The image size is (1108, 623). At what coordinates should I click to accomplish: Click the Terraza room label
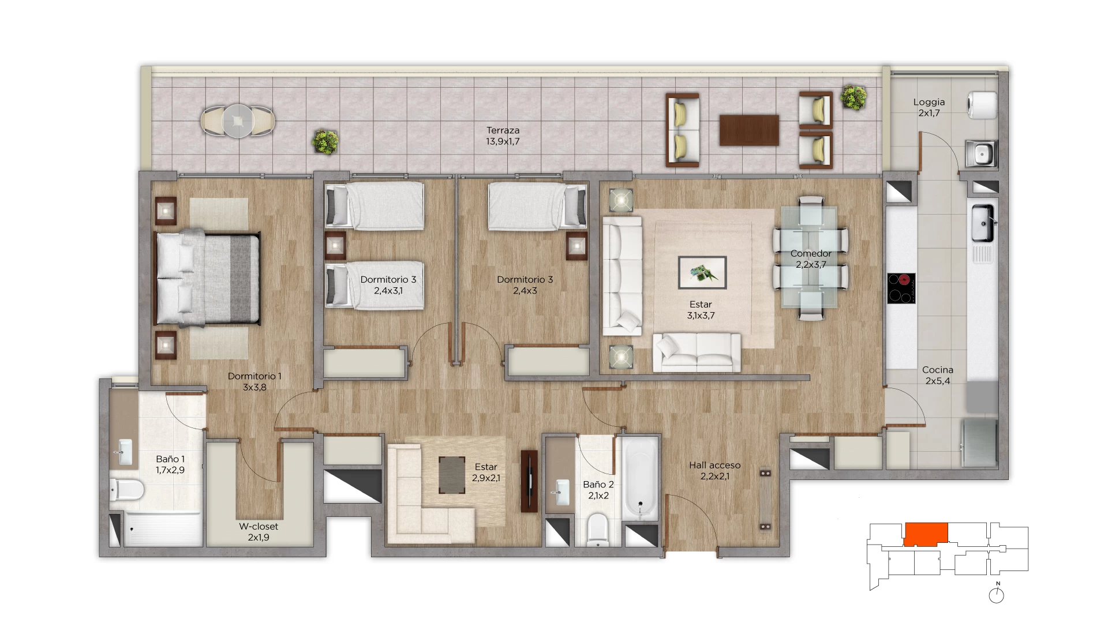coord(503,136)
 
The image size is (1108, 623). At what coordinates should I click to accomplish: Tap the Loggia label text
coord(929,102)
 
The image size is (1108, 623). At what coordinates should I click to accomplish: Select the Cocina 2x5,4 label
coord(938,375)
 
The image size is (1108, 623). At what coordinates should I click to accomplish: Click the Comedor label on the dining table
coord(811,253)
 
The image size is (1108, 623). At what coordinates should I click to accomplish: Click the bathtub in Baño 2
coord(640,478)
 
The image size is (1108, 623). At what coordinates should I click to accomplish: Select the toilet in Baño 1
coord(126,490)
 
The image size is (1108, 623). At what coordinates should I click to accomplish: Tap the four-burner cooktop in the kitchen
coord(901,288)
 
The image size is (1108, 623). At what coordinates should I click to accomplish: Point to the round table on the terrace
coord(238,121)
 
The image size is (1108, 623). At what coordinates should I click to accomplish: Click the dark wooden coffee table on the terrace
coord(749,130)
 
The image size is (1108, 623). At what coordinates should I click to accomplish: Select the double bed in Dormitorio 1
coord(207,278)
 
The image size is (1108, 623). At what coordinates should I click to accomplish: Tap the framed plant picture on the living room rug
coord(702,272)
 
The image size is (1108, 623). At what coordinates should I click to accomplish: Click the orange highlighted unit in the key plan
coord(926,534)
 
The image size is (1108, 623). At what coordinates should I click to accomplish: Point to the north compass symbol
coord(997,594)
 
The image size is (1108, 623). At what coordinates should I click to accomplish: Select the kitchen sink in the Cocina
coord(982,223)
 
